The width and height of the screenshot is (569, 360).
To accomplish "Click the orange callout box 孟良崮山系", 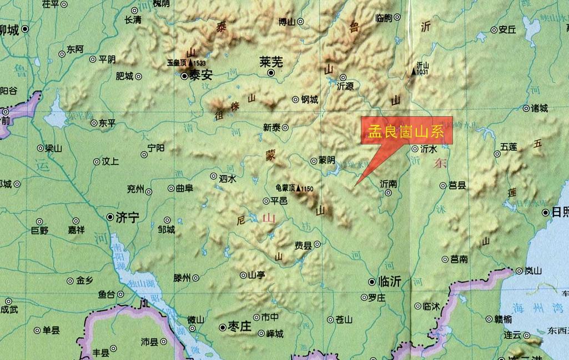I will pyautogui.click(x=407, y=131).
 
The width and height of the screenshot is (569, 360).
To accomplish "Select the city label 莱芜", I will pyautogui.click(x=271, y=62).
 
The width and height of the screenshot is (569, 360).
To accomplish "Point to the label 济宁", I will pyautogui.click(x=127, y=218).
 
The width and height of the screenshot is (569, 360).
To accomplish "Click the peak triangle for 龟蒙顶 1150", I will pyautogui.click(x=298, y=189).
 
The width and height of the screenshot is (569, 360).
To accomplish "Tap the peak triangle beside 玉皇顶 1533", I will pyautogui.click(x=190, y=63).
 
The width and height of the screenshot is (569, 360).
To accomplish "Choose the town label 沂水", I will pyautogui.click(x=429, y=149).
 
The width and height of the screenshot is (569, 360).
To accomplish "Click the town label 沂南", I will pyautogui.click(x=388, y=183).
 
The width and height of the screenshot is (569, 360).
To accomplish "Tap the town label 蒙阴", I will pyautogui.click(x=326, y=160).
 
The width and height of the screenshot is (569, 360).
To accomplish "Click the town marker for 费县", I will pyautogui.click(x=316, y=244).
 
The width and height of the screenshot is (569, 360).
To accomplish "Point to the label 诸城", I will pyautogui.click(x=539, y=108).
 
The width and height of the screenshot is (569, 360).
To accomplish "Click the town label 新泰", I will pyautogui.click(x=272, y=127).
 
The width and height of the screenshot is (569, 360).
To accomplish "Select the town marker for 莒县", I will pyautogui.click(x=443, y=186).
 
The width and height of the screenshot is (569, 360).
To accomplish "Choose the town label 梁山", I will pyautogui.click(x=53, y=148).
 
